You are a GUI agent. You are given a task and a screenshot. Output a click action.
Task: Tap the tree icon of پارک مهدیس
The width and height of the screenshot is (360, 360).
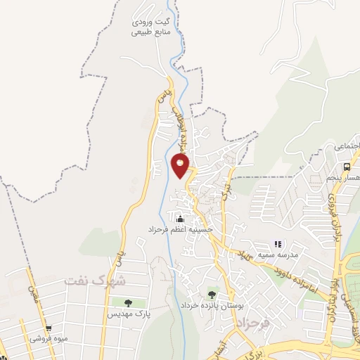pyautogui.click(x=127, y=303)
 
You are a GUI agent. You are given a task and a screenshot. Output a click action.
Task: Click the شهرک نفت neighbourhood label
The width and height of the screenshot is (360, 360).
pyautogui.click(x=94, y=280)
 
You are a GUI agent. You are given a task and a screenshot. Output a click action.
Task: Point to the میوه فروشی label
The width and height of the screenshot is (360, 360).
pyautogui.click(x=49, y=337)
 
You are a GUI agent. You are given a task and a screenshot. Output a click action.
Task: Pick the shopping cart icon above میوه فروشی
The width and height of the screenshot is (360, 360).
pyautogui.click(x=49, y=328)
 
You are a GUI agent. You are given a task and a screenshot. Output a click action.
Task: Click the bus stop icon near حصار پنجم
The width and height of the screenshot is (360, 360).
pyautogui.click(x=347, y=167)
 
